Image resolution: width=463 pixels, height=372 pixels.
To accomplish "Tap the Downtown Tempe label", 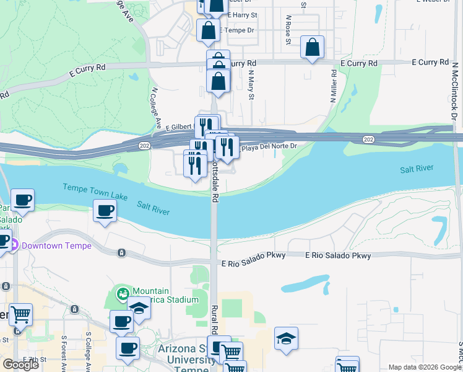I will (56, 246).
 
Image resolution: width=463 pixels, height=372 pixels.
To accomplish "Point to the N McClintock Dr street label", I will (453, 93).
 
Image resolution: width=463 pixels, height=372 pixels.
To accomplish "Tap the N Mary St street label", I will (251, 84).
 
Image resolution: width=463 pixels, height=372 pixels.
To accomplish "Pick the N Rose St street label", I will (288, 30).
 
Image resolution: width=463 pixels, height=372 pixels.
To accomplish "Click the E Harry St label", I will (242, 14).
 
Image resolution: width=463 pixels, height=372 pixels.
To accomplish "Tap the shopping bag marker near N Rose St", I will (313, 47).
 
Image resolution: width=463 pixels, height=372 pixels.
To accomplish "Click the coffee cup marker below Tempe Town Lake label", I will (105, 211).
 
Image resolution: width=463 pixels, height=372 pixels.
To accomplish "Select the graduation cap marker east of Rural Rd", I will (286, 339).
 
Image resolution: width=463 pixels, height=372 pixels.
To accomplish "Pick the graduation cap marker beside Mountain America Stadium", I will (139, 308).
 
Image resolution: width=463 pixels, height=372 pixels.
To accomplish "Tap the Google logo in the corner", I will (20, 365).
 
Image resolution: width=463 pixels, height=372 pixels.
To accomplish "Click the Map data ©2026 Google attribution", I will (425, 367).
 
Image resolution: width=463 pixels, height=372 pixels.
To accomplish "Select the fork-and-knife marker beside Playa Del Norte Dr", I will (227, 147).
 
